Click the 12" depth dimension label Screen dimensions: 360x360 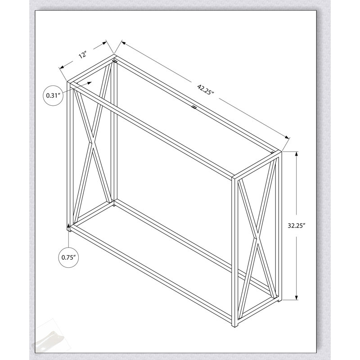(x=83, y=55)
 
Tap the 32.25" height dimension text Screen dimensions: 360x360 (x=296, y=225)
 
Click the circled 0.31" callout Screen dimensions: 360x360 (x=53, y=95)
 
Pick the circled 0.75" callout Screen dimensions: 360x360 (x=68, y=257)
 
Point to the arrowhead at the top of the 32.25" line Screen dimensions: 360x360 (x=297, y=154)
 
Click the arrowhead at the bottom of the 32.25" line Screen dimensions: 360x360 (x=297, y=297)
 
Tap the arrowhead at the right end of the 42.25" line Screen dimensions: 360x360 (x=287, y=137)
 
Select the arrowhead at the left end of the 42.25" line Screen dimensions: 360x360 (x=123, y=42)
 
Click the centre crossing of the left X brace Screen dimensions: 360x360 (x=92, y=142)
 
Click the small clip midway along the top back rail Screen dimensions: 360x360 (x=194, y=107)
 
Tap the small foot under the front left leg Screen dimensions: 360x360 (x=69, y=228)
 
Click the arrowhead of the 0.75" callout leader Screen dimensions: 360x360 (x=69, y=228)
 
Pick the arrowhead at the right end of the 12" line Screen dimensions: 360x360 (x=104, y=43)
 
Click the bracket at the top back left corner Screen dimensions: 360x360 (x=115, y=61)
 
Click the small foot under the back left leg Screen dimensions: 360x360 (x=114, y=206)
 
